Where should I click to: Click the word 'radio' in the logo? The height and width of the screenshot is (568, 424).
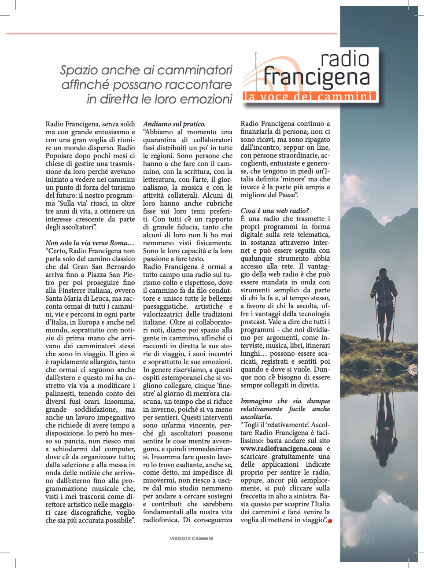point(345,59)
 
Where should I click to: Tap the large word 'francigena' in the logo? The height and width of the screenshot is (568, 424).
point(317,77)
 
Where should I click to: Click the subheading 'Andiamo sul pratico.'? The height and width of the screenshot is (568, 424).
point(174,124)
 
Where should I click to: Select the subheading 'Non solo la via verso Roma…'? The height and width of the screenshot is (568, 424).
point(90,243)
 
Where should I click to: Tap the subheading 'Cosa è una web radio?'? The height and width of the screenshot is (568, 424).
point(275,211)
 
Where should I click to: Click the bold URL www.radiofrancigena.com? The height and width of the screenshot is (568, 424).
point(281,449)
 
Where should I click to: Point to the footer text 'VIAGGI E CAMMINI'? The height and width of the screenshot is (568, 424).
point(192,538)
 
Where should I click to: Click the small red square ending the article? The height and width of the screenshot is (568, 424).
point(330,521)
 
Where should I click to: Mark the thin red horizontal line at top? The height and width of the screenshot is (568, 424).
point(172,34)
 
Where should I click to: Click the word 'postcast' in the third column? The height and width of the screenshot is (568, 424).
point(254,322)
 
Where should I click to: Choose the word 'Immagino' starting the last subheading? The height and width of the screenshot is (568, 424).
point(256,401)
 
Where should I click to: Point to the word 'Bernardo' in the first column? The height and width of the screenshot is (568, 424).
point(121,267)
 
